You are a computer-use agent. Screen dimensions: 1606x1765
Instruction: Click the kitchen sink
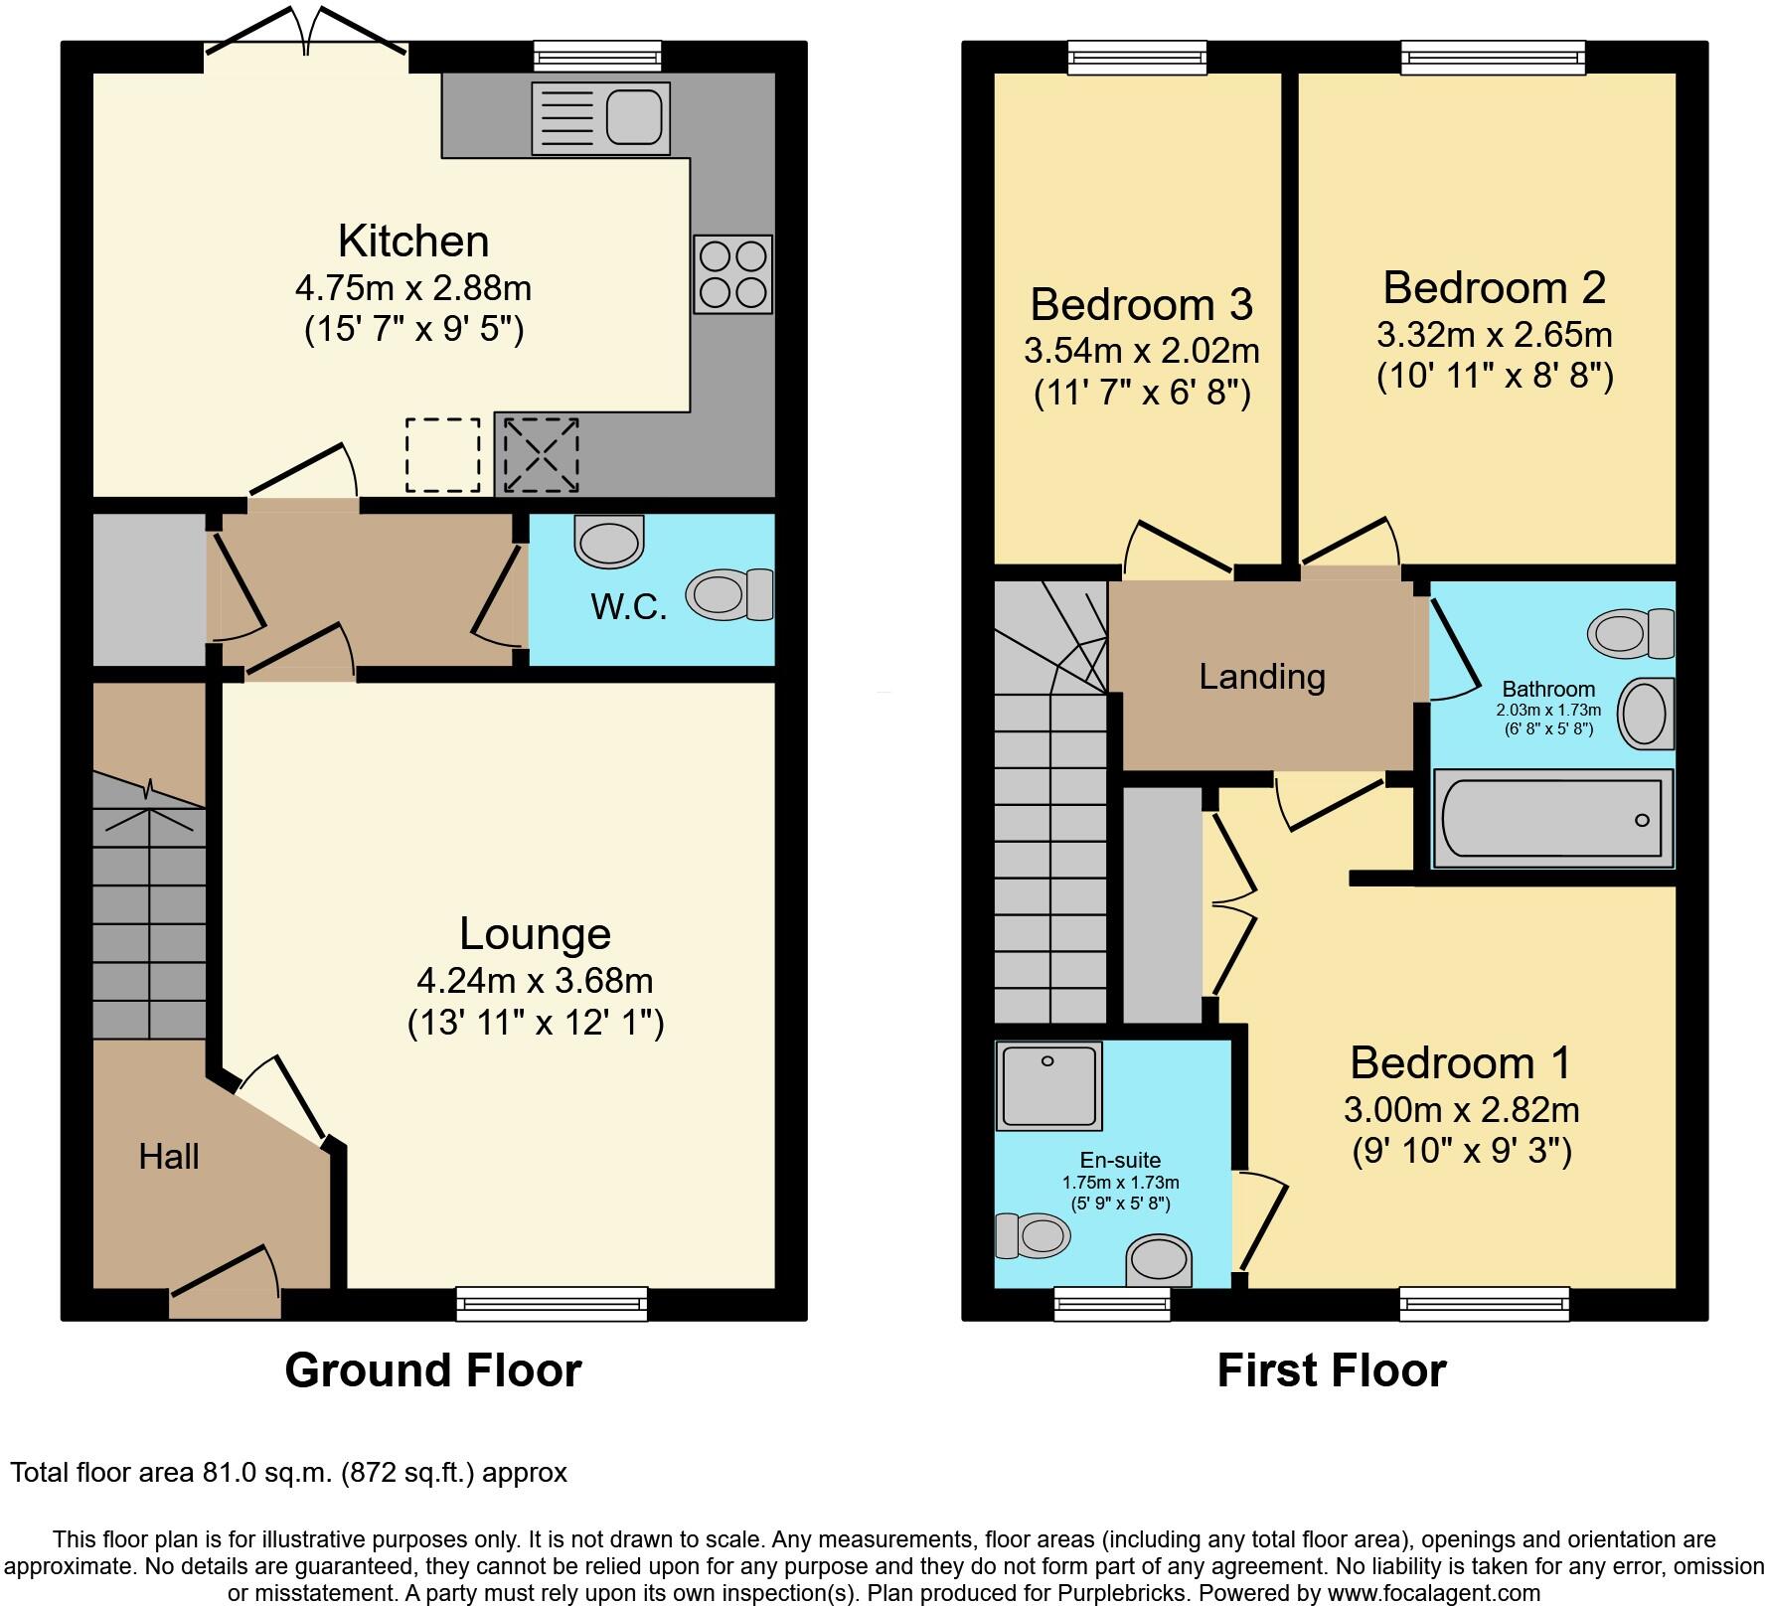click(601, 117)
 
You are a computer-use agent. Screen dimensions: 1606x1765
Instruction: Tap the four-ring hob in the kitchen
click(732, 274)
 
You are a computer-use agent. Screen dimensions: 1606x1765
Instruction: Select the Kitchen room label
click(413, 241)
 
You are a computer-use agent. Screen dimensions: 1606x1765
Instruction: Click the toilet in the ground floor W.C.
click(733, 594)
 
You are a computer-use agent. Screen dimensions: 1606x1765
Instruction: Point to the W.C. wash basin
click(608, 543)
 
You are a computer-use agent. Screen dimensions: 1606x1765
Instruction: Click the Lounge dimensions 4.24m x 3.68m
click(535, 981)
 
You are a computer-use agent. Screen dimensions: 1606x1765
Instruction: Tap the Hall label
click(169, 1156)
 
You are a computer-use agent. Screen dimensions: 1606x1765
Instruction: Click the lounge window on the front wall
click(552, 1302)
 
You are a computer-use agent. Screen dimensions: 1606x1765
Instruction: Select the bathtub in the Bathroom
click(1550, 819)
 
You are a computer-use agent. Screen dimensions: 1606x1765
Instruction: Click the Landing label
click(1262, 677)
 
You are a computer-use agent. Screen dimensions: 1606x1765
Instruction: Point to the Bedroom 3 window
click(1138, 58)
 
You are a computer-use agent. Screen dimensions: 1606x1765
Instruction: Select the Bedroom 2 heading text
click(1494, 288)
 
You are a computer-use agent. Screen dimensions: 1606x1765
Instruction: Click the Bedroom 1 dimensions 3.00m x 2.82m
click(1461, 1108)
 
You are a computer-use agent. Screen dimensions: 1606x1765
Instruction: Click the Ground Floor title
click(433, 1370)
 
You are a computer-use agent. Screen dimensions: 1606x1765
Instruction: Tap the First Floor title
click(1331, 1370)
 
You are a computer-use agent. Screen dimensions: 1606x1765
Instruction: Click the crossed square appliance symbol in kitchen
click(541, 455)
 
